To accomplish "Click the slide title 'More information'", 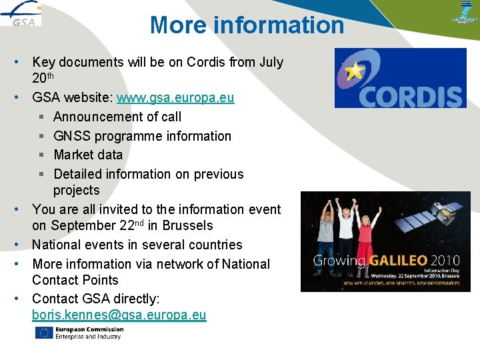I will coord(247,25).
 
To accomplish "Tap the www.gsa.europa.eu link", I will coord(175,98).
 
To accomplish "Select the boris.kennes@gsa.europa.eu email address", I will coord(119,315).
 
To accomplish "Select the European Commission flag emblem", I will coord(44,333).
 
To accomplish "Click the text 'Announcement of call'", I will coord(117,117).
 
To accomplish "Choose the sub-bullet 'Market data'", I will coord(88,155).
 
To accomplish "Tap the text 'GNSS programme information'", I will coord(143,136).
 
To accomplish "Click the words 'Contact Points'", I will coord(75,280).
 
